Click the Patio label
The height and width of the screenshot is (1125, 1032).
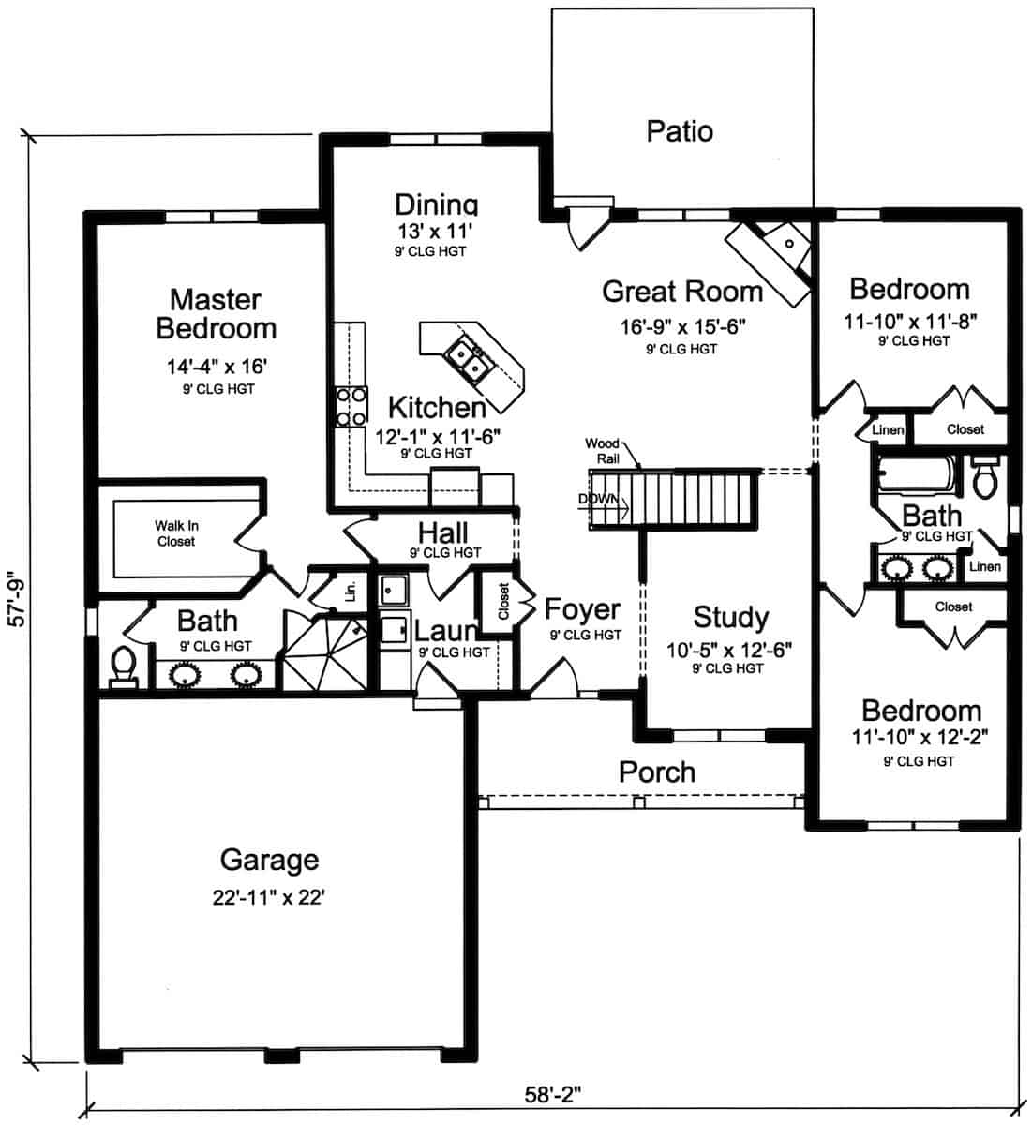click(x=680, y=131)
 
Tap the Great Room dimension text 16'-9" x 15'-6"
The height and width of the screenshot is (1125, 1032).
click(x=681, y=326)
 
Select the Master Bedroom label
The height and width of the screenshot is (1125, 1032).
click(x=216, y=314)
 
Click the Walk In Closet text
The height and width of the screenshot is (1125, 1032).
click(x=176, y=533)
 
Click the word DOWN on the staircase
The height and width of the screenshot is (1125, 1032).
click(x=598, y=499)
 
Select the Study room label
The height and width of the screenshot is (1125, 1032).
click(x=731, y=617)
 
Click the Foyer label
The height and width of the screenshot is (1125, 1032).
click(x=582, y=610)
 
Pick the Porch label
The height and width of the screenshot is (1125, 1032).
click(x=657, y=772)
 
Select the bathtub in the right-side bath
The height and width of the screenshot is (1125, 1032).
click(x=916, y=474)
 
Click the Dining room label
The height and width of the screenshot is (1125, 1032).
click(x=436, y=204)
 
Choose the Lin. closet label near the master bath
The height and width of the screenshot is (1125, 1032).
click(x=351, y=592)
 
